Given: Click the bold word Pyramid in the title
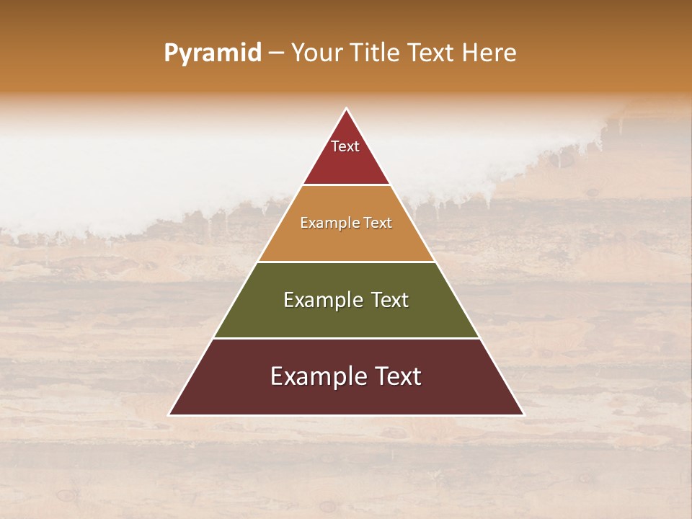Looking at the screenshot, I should (x=213, y=53).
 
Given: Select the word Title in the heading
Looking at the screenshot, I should (x=375, y=53).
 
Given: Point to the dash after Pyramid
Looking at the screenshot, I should (x=276, y=53).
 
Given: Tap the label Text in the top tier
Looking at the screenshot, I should (x=345, y=146).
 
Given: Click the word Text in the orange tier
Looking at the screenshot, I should (x=378, y=223).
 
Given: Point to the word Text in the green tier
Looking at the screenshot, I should (x=390, y=300).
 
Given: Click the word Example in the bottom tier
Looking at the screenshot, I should (x=317, y=376).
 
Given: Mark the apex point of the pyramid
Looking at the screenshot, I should (x=346, y=109).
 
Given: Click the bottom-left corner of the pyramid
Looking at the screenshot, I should (x=170, y=414).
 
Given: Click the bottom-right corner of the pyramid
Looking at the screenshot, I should (x=523, y=414).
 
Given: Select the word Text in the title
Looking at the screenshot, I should (x=431, y=53).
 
